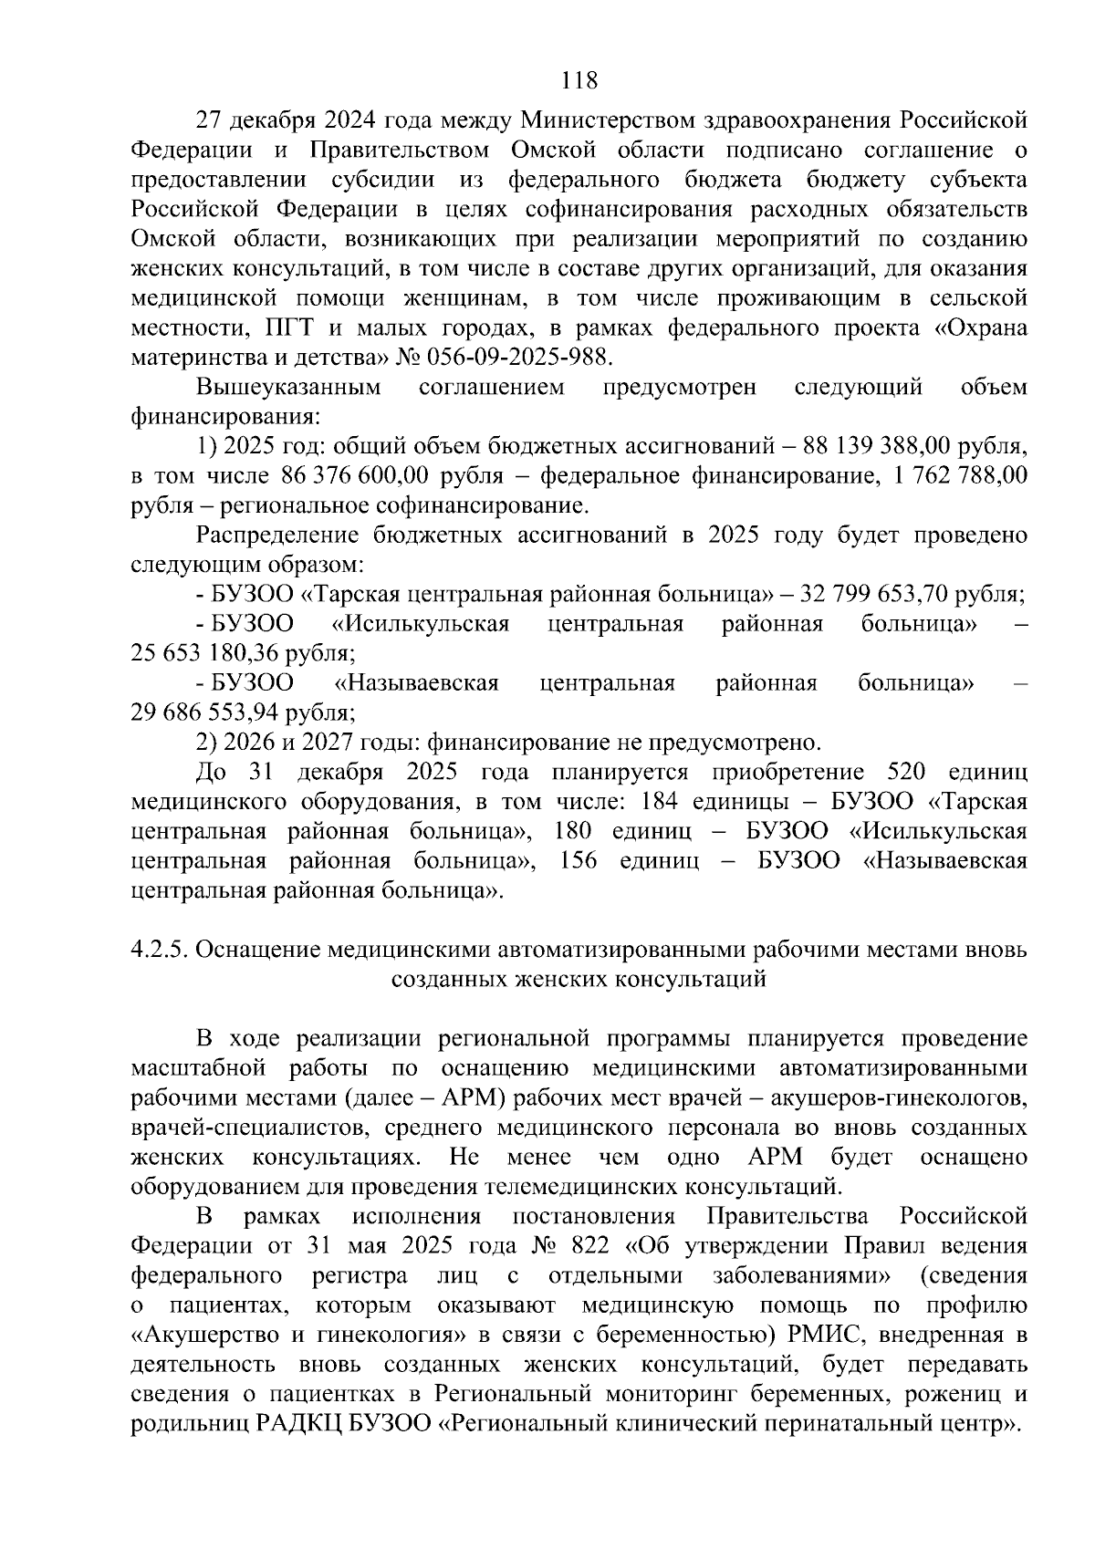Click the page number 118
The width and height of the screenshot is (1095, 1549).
click(x=580, y=80)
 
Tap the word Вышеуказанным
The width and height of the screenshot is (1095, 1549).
click(x=288, y=388)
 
